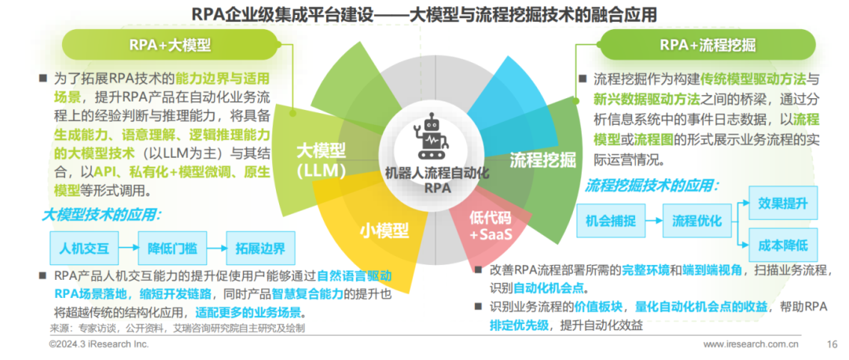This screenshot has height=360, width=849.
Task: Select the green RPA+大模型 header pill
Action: click(x=171, y=45)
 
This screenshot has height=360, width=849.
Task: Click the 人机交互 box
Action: click(x=84, y=248)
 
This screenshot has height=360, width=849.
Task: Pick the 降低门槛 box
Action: click(x=172, y=248)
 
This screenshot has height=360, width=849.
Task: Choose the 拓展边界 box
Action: click(x=260, y=248)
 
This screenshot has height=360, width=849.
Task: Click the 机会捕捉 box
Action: click(x=612, y=221)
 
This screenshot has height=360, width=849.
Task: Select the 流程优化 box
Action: click(x=696, y=221)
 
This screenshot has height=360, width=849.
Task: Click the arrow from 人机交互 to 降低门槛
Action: click(x=128, y=248)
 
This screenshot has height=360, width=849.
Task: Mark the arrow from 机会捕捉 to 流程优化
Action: click(x=654, y=221)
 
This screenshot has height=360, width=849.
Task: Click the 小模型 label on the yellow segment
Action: click(x=384, y=231)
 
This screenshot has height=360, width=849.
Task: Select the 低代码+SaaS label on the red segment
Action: click(x=491, y=227)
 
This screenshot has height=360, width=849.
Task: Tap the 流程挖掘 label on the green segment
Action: click(x=542, y=160)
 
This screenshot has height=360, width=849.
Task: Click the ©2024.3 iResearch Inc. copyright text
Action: click(x=99, y=344)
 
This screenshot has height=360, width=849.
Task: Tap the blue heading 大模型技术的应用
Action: click(x=101, y=215)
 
